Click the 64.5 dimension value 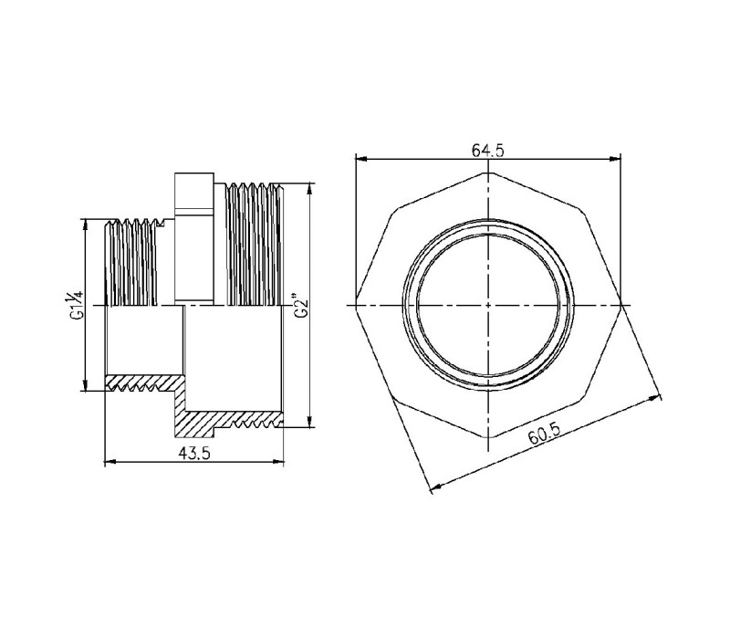[x=487, y=151]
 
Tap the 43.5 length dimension [x=194, y=453]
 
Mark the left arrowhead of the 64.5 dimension [x=360, y=159]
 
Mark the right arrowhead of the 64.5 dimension [x=615, y=159]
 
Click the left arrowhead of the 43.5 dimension [x=109, y=462]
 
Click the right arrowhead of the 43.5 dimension [x=278, y=462]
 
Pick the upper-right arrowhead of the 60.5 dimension [x=655, y=399]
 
